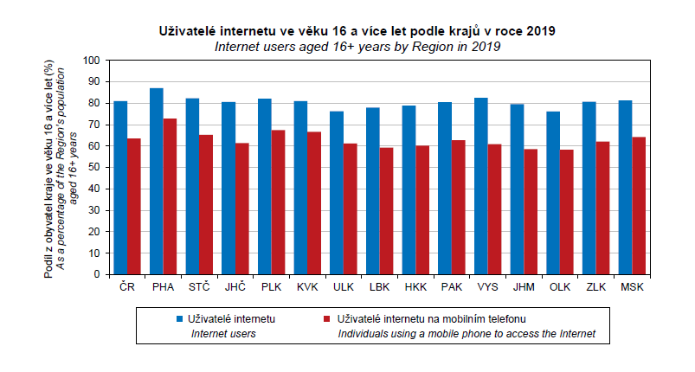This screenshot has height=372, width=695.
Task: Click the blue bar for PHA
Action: [x=156, y=181]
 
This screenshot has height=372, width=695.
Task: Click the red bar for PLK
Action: [x=279, y=202]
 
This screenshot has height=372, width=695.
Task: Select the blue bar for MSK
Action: [x=625, y=187]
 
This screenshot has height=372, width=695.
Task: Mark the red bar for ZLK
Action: [x=603, y=208]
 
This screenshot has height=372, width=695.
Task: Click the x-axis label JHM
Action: [x=524, y=286]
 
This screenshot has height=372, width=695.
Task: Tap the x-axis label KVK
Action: [x=307, y=286]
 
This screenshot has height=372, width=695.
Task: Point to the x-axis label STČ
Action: [x=199, y=286]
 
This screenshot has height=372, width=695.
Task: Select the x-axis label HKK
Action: [x=415, y=286]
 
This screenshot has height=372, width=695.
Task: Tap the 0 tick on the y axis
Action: [x=98, y=274]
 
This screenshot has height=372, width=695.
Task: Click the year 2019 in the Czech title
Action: [x=540, y=31]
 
